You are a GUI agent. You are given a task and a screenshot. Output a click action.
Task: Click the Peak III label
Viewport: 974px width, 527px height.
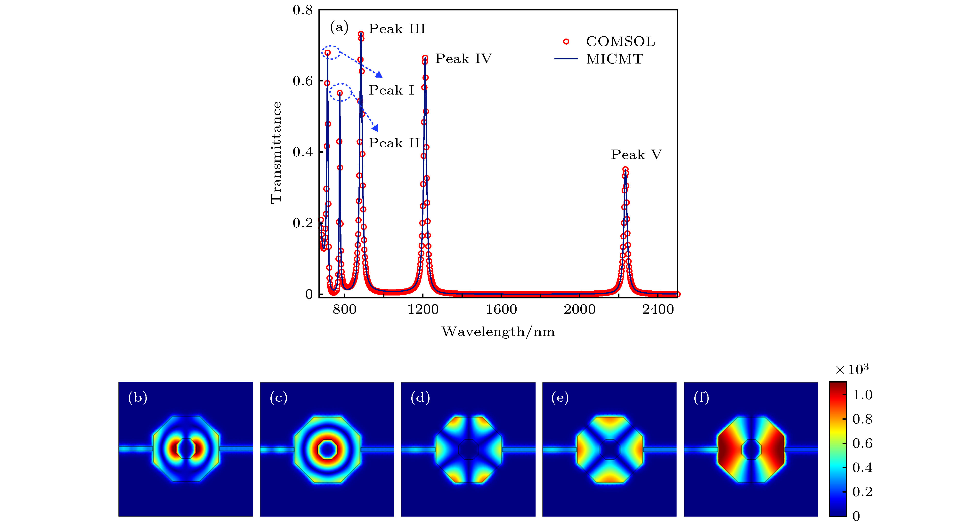tap(397, 29)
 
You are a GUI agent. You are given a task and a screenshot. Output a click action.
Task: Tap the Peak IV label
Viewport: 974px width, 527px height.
tap(463, 59)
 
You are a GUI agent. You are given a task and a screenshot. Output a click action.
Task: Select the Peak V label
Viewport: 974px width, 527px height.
tap(636, 155)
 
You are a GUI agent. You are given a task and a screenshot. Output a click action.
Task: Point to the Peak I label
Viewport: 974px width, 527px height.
tap(391, 90)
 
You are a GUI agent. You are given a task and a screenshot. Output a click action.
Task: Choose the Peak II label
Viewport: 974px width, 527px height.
tap(394, 143)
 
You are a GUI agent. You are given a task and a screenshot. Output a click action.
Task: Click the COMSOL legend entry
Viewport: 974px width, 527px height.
tap(620, 42)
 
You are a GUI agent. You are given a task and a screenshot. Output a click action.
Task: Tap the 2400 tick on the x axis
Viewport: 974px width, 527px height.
tap(658, 310)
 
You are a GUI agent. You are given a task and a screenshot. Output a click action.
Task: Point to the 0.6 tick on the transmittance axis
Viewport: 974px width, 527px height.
tap(303, 81)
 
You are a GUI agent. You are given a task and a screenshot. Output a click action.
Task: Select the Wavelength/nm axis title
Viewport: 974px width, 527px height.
tap(498, 332)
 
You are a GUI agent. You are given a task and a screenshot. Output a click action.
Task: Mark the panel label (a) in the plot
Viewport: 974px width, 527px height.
tap(339, 27)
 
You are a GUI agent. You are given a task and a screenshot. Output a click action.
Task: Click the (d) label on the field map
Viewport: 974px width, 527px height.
tap(420, 398)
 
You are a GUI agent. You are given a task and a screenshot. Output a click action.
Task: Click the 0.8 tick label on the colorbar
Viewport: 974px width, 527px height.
tap(862, 419)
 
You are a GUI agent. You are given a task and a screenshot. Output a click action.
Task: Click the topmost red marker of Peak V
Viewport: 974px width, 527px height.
tap(625, 169)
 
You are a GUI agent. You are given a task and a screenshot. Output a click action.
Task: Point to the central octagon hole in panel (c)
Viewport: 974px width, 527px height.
tap(327, 449)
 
